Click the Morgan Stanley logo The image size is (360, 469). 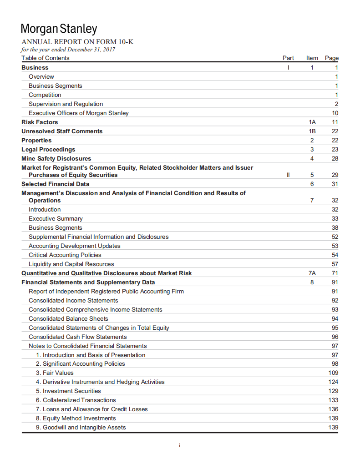click(59, 29)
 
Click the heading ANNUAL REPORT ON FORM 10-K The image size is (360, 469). click(77, 42)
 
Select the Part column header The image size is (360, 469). click(288, 58)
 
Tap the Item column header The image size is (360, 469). click(312, 58)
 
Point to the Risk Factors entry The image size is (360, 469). click(40, 122)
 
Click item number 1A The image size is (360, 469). click(312, 122)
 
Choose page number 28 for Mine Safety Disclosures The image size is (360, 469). click(335, 158)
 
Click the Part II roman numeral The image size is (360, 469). click(288, 175)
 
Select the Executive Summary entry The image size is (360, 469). click(56, 218)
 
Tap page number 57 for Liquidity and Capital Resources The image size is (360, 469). click(335, 264)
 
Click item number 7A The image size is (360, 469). click(312, 273)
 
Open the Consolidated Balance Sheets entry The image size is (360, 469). click(68, 318)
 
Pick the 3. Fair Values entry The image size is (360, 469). click(55, 373)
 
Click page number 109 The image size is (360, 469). click(333, 373)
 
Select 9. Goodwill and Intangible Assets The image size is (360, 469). click(81, 427)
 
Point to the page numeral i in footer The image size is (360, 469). click(180, 445)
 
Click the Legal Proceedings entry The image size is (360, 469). click(48, 149)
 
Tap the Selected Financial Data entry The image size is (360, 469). click(56, 184)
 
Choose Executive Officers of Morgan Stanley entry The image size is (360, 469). click(79, 113)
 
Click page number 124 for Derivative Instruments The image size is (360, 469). click(333, 382)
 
